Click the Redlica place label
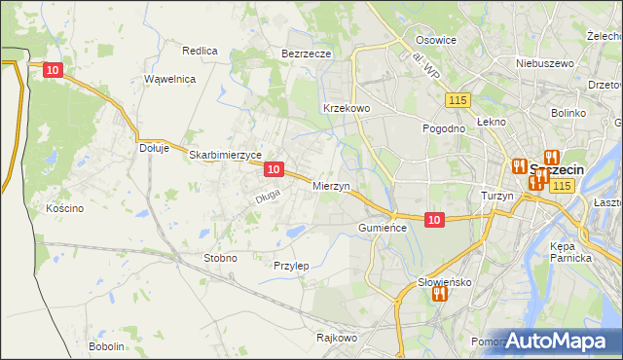click(200, 50)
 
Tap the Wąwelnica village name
click(170, 79)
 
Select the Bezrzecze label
click(307, 54)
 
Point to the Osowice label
click(436, 40)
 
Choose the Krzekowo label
click(346, 108)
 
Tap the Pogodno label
click(443, 128)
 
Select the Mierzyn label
click(331, 185)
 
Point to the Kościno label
click(65, 208)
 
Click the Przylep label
click(291, 266)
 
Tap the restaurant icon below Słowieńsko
click(439, 293)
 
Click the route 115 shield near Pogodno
click(458, 101)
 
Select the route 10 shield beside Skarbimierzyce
click(274, 169)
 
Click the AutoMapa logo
click(556, 341)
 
